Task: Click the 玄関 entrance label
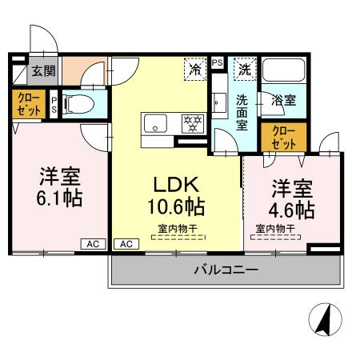[x=42, y=71]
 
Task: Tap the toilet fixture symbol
[x=77, y=102]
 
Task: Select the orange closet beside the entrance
[x=27, y=105]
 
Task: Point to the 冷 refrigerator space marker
[x=194, y=70]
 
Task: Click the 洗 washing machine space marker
[x=246, y=70]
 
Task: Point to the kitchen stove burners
[x=192, y=123]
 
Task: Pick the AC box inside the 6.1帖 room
[x=93, y=243]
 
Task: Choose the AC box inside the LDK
[x=126, y=243]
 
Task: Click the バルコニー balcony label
[x=226, y=270]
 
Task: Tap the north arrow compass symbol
[x=324, y=322]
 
